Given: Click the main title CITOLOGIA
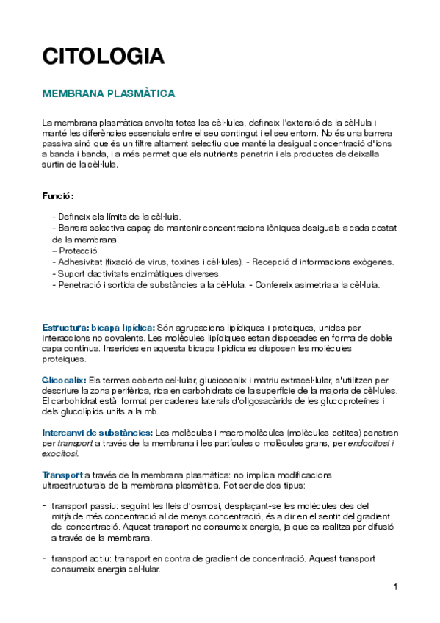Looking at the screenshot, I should [103, 57].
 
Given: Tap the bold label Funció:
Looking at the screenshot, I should [58, 196].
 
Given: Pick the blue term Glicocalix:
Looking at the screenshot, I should [64, 381].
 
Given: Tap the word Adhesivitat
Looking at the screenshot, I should [77, 262].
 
